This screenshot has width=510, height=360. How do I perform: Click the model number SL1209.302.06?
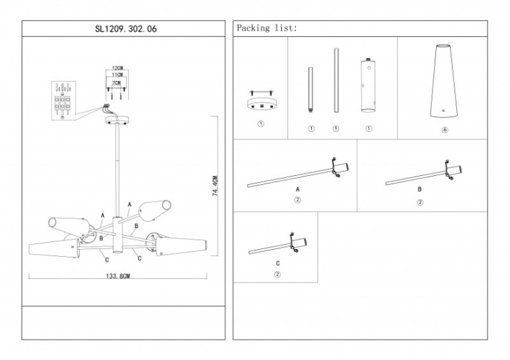coord(123,29)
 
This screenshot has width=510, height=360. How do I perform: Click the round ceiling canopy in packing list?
coord(260,103)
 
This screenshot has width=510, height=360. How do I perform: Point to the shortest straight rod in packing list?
coord(311,90)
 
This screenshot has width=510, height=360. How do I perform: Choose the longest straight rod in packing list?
coord(336,80)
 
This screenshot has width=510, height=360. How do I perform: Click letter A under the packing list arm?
coord(297,189)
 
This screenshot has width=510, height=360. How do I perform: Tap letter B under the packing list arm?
coord(419,189)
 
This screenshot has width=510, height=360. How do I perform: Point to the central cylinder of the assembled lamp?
coord(117,235)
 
